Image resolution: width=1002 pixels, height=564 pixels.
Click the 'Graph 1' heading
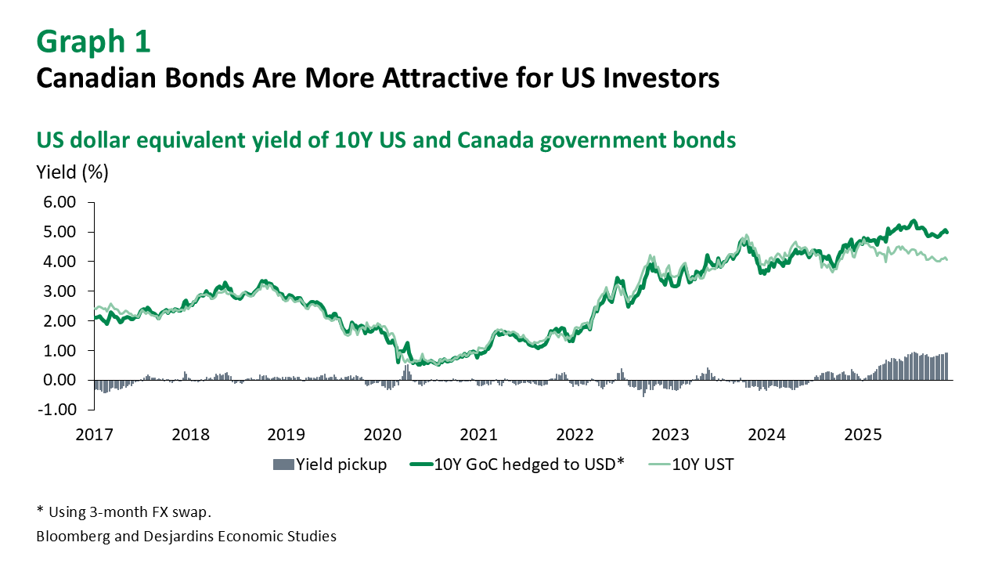point(93,42)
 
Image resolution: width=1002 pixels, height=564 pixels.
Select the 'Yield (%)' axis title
point(73,172)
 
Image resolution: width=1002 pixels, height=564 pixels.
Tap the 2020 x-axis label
point(383,435)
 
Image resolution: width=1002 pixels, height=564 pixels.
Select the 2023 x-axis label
point(670,435)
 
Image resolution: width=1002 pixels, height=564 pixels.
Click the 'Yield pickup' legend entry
point(341,465)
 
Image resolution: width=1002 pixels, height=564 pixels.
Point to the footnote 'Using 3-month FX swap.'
point(130,512)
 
